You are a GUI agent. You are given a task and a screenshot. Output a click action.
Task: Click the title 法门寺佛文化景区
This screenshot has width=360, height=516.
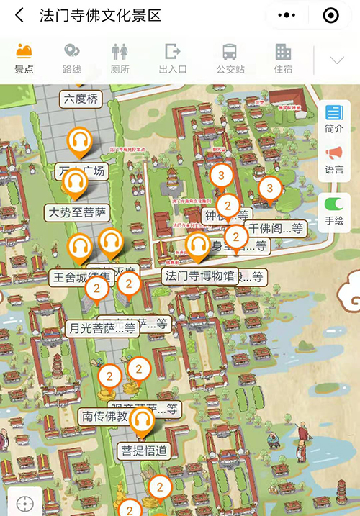[x=100, y=15]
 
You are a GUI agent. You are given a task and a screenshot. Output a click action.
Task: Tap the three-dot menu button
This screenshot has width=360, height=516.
[x=287, y=15]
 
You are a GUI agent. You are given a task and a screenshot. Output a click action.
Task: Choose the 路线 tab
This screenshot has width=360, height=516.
[x=72, y=58]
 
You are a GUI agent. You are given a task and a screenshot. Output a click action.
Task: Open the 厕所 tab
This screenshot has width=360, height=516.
[x=120, y=58]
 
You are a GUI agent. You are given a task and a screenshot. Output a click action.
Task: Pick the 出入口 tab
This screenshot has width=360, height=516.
[x=173, y=58]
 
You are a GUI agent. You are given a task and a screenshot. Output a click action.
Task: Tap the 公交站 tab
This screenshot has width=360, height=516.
[x=230, y=58]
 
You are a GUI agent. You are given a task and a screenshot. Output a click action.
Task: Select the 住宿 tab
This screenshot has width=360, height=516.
[x=283, y=58]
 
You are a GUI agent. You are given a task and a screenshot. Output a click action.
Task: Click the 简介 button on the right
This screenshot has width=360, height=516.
[x=334, y=119]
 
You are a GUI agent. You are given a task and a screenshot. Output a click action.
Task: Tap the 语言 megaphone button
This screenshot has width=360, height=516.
[x=334, y=160]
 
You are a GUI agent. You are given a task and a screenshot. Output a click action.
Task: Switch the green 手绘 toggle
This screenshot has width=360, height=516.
[x=334, y=212]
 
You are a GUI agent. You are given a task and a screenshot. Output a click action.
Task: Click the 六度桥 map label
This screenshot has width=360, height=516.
[x=81, y=99]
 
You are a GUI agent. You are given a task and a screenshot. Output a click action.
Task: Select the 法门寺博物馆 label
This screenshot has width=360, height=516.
[x=200, y=276]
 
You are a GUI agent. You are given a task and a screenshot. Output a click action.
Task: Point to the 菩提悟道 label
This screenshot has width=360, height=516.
[x=144, y=451]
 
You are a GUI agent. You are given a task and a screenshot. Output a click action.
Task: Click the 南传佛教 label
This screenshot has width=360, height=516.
[x=105, y=416]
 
